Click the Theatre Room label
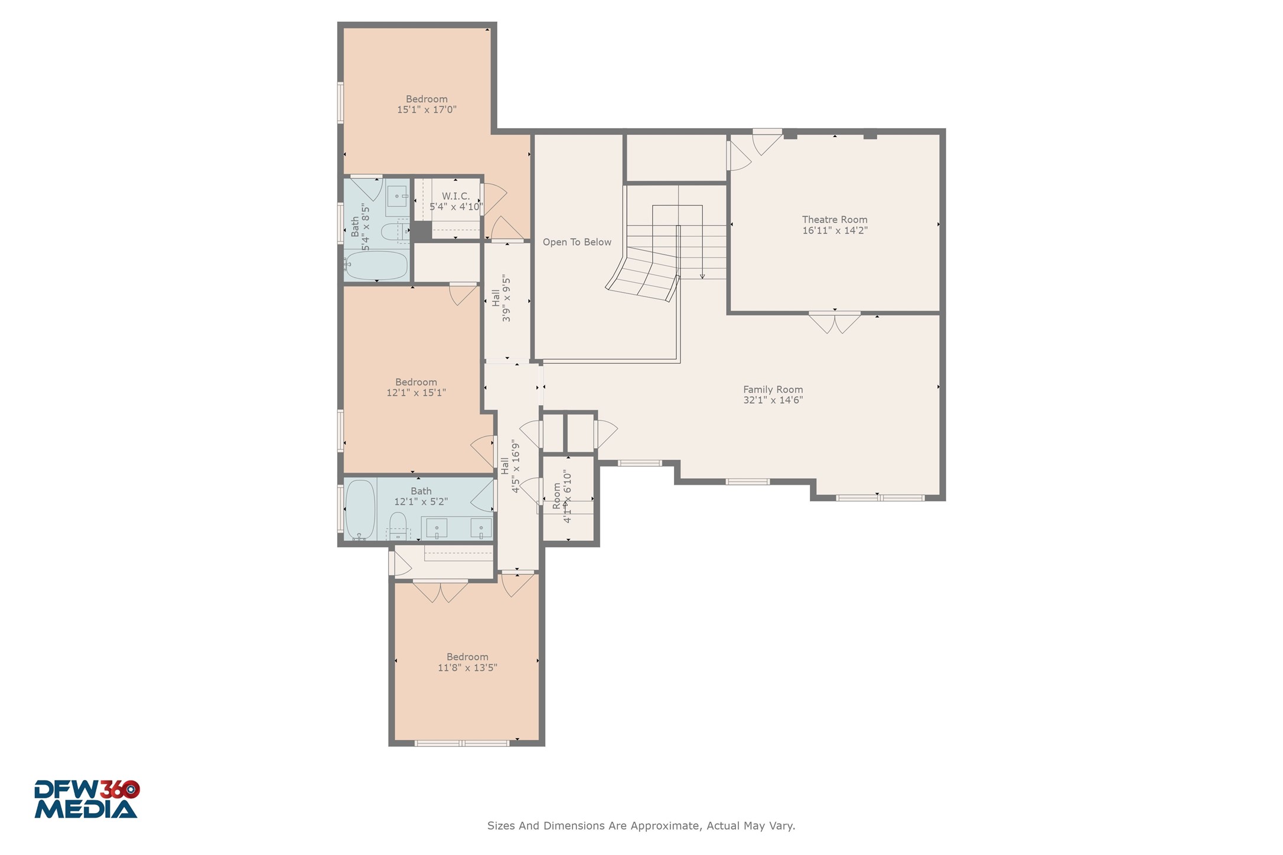point(834,220)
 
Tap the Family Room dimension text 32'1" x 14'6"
point(773,400)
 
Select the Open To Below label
point(577,242)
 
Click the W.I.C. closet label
point(455,196)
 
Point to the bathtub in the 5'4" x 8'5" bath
point(376,266)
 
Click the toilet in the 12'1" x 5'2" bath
point(398,524)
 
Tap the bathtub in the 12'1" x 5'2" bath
point(360,509)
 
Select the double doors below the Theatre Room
point(834,322)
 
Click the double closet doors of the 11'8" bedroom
point(441,590)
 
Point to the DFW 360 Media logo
point(87,799)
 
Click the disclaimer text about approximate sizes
point(641,825)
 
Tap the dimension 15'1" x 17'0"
point(426,110)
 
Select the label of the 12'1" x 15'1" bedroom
point(416,382)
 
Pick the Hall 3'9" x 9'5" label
point(501,298)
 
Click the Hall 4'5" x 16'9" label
point(510,466)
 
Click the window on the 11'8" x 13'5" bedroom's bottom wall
point(462,743)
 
